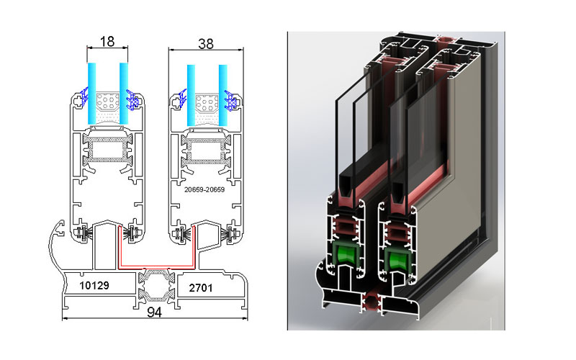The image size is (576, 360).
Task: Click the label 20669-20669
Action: coord(204,189)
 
